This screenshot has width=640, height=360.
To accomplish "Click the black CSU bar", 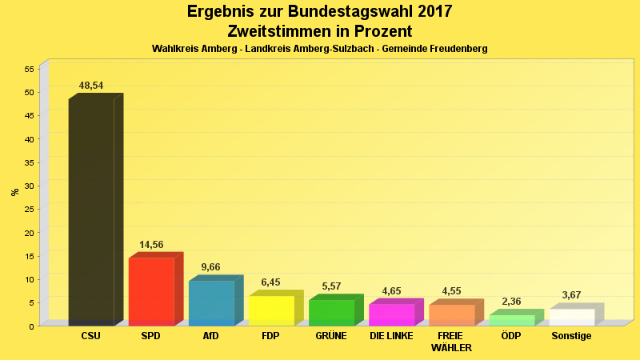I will click(x=91, y=212).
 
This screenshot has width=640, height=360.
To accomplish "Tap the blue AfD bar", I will click(x=211, y=302).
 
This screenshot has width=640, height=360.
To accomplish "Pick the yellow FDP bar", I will click(x=271, y=310).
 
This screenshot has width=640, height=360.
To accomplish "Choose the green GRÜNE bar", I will click(x=331, y=312).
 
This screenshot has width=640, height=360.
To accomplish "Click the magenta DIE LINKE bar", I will click(x=391, y=314).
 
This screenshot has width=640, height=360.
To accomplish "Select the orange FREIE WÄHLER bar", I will click(x=451, y=314).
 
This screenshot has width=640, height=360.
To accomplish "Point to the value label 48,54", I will click(x=91, y=86).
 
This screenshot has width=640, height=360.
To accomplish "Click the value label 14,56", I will click(x=151, y=245).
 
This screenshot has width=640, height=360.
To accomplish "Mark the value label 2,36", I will click(x=511, y=302).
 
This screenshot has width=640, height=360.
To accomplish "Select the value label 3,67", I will click(x=571, y=295).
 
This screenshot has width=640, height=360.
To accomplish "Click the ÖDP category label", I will click(x=511, y=336).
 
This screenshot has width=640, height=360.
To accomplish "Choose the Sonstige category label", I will click(x=571, y=336).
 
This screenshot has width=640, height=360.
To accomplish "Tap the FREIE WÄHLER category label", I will click(x=451, y=342).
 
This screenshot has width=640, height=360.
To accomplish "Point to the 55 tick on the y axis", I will click(x=29, y=69).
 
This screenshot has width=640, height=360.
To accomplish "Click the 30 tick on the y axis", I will click(x=29, y=186).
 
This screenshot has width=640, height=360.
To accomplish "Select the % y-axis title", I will click(x=14, y=192).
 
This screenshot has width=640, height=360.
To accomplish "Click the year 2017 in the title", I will click(x=433, y=12).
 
